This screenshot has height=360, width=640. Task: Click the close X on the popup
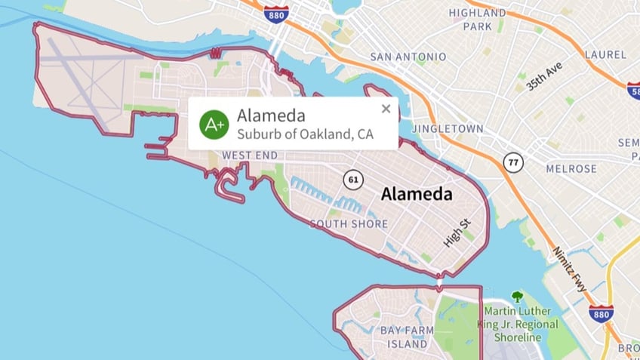click(x=386, y=109)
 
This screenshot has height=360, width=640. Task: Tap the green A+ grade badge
click(x=214, y=125)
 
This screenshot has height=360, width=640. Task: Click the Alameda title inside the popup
click(x=271, y=115)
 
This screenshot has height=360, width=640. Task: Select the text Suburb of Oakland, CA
click(x=305, y=134)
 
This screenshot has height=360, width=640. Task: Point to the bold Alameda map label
click(x=417, y=195)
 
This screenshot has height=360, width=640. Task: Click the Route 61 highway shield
click(x=352, y=180)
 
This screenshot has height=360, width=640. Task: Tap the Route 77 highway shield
click(x=514, y=162)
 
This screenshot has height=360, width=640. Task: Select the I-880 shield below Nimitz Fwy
click(x=601, y=313)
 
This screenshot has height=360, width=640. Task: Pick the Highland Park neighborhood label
click(x=478, y=19)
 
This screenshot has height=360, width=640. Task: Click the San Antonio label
click(x=408, y=57)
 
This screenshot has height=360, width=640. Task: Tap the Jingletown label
click(x=447, y=128)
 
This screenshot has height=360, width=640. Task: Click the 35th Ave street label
click(x=544, y=77)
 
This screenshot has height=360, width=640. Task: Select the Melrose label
click(x=571, y=168)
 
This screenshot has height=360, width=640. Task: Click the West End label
click(x=250, y=155)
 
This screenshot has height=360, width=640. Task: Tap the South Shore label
click(x=349, y=224)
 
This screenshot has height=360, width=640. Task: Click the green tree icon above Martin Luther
click(x=517, y=297)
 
